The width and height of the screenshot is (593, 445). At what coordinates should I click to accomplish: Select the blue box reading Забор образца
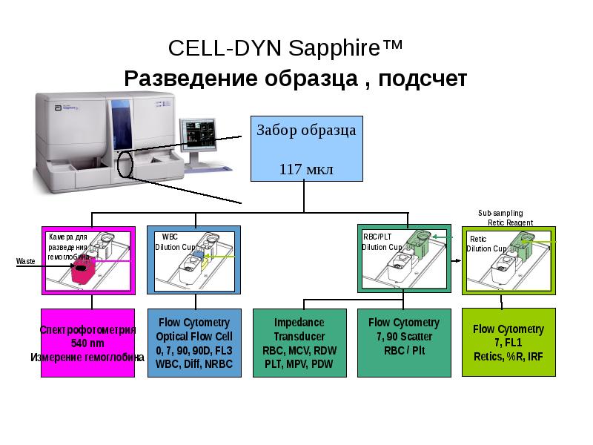click(x=306, y=148)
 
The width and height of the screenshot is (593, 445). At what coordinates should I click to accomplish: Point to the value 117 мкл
click(x=306, y=169)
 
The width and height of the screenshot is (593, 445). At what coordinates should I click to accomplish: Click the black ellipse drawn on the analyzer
click(x=125, y=165)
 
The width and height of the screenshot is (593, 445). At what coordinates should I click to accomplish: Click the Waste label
click(x=26, y=262)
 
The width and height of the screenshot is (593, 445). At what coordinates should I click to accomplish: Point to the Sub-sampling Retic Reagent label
click(x=506, y=217)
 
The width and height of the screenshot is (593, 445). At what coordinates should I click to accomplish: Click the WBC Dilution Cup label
click(x=175, y=242)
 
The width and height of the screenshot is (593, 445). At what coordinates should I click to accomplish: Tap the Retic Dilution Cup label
click(x=486, y=244)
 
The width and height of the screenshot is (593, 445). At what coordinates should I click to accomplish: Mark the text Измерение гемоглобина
click(x=87, y=357)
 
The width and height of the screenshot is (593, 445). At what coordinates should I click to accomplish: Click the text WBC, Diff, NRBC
click(x=194, y=364)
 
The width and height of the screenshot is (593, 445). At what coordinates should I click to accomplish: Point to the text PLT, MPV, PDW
click(x=299, y=364)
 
